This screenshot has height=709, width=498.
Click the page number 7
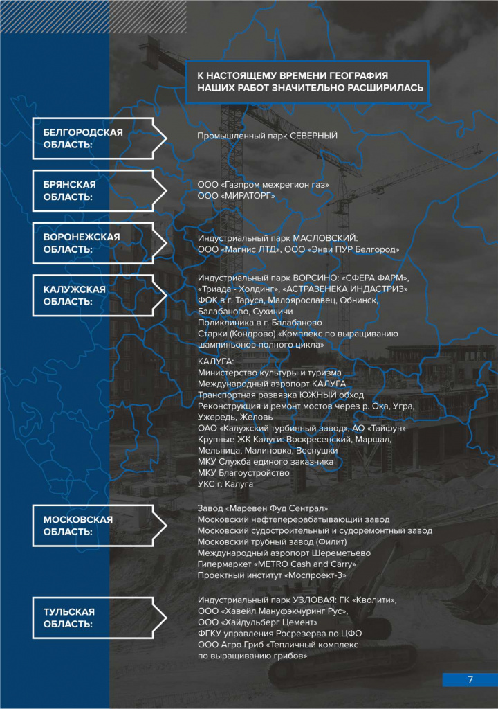click(x=470, y=679)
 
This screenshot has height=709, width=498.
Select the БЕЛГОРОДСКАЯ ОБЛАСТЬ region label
click(x=83, y=138)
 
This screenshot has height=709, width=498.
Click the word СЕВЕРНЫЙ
click(x=313, y=136)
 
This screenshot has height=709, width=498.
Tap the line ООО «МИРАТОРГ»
click(x=237, y=197)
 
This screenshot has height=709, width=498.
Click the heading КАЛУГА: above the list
click(x=216, y=362)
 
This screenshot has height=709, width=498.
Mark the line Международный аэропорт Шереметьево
click(x=284, y=553)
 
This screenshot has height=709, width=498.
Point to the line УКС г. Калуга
click(x=225, y=484)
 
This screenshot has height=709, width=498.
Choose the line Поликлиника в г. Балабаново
click(x=259, y=322)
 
